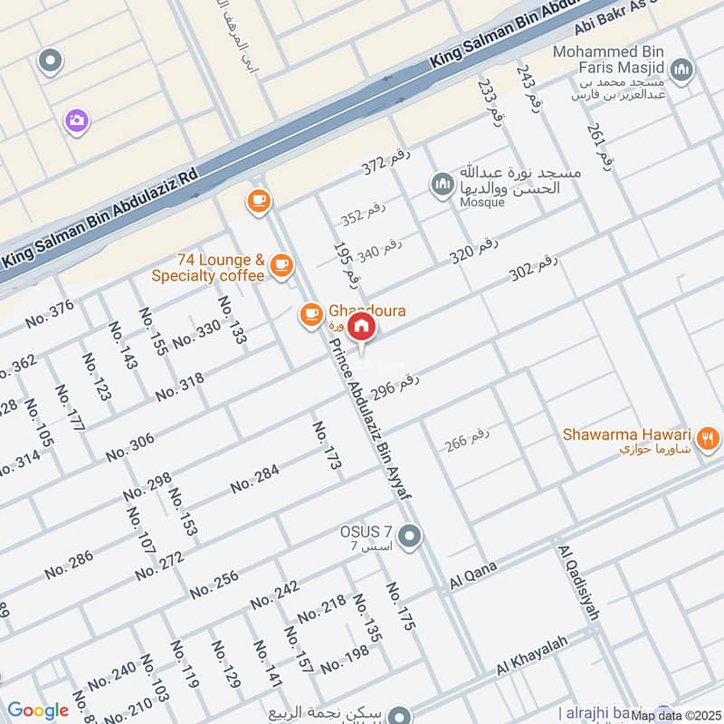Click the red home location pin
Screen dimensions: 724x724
tap(361, 327)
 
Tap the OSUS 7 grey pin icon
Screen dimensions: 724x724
tap(410, 538)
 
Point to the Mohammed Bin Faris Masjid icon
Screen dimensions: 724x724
tap(683, 70)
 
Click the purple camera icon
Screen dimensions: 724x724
tap(76, 119)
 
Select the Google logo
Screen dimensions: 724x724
tap(38, 710)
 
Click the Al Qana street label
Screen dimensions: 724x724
tap(473, 576)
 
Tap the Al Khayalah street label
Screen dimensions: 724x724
tap(531, 655)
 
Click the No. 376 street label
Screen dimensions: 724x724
tap(49, 314)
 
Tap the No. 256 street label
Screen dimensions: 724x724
tap(214, 585)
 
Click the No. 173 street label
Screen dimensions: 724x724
tap(328, 445)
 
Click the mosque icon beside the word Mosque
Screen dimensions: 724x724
tap(442, 185)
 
